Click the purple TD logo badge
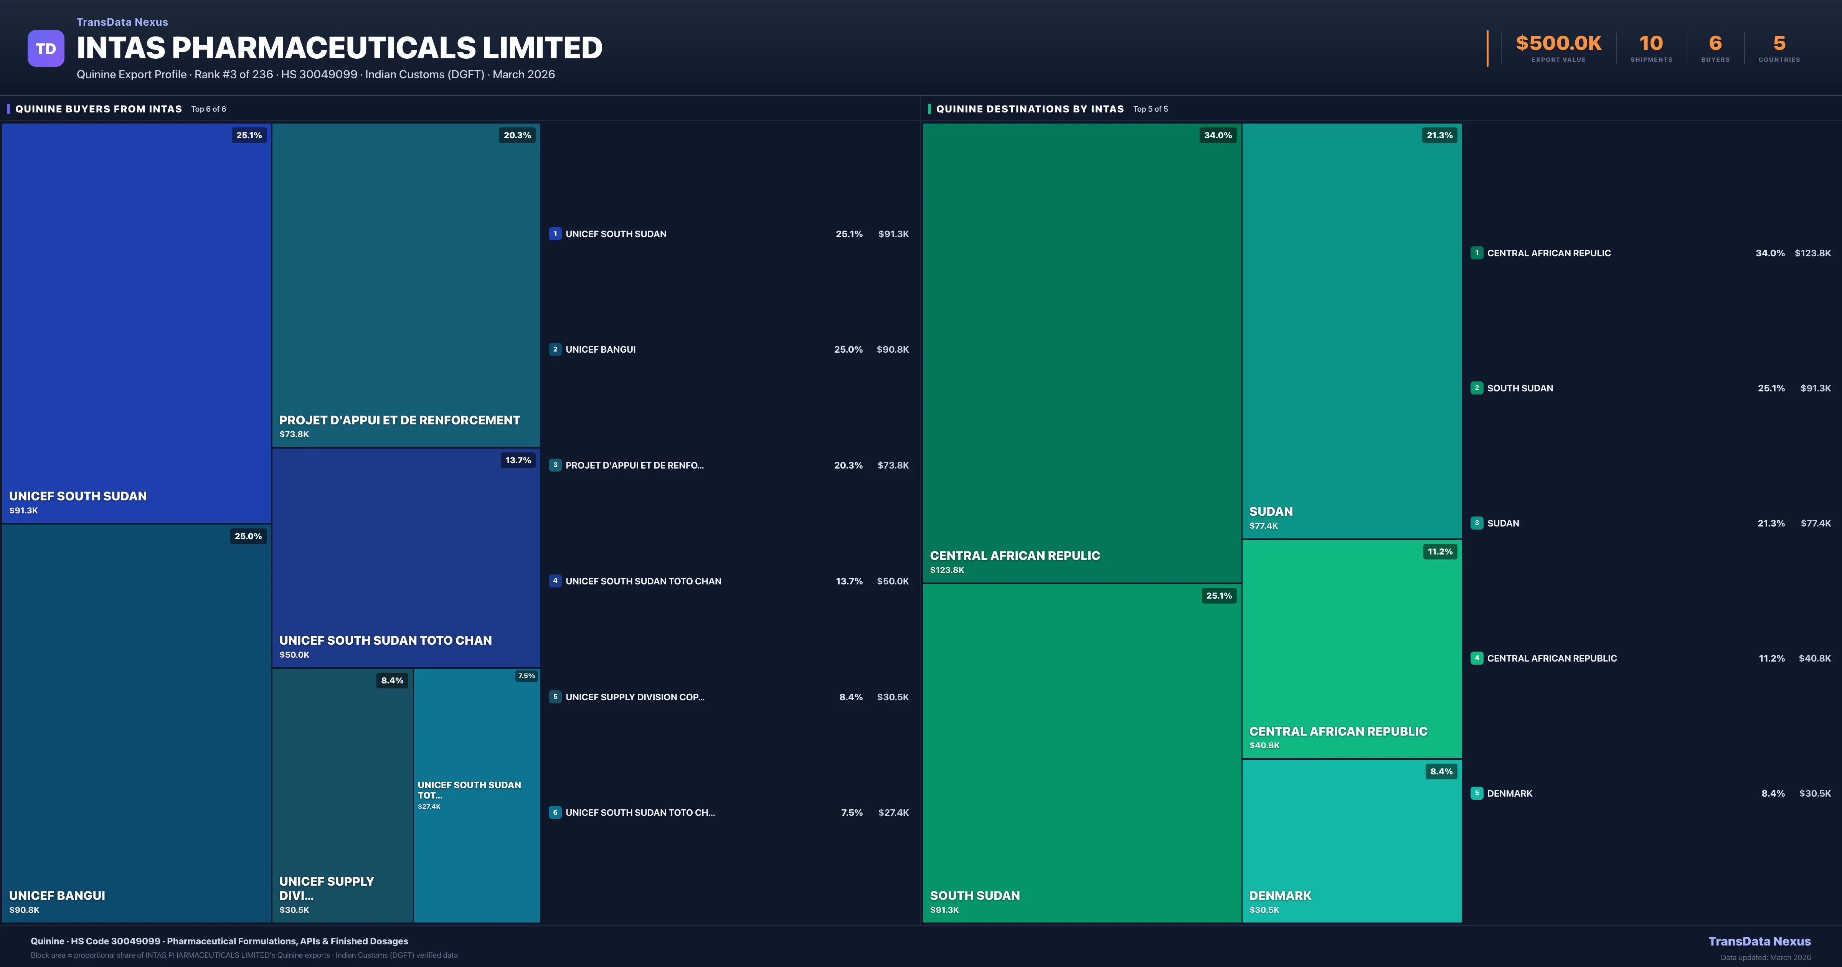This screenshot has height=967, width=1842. click(x=46, y=49)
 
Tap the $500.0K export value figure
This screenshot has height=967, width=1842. click(x=1558, y=44)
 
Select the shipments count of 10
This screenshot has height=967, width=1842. click(x=1651, y=44)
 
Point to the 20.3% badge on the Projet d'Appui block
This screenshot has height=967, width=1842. click(x=517, y=135)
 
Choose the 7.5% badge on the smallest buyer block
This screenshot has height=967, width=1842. click(x=526, y=676)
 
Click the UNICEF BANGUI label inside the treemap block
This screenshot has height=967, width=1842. click(x=57, y=896)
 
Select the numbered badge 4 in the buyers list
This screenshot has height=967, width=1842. click(x=555, y=581)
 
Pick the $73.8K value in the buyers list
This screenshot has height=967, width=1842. click(x=892, y=465)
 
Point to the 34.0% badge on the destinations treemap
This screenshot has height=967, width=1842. click(x=1218, y=135)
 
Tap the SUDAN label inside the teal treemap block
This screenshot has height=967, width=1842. click(x=1271, y=512)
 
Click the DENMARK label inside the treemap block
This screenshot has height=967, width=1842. click(x=1280, y=896)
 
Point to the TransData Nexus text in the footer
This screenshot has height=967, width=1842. click(x=1759, y=941)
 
